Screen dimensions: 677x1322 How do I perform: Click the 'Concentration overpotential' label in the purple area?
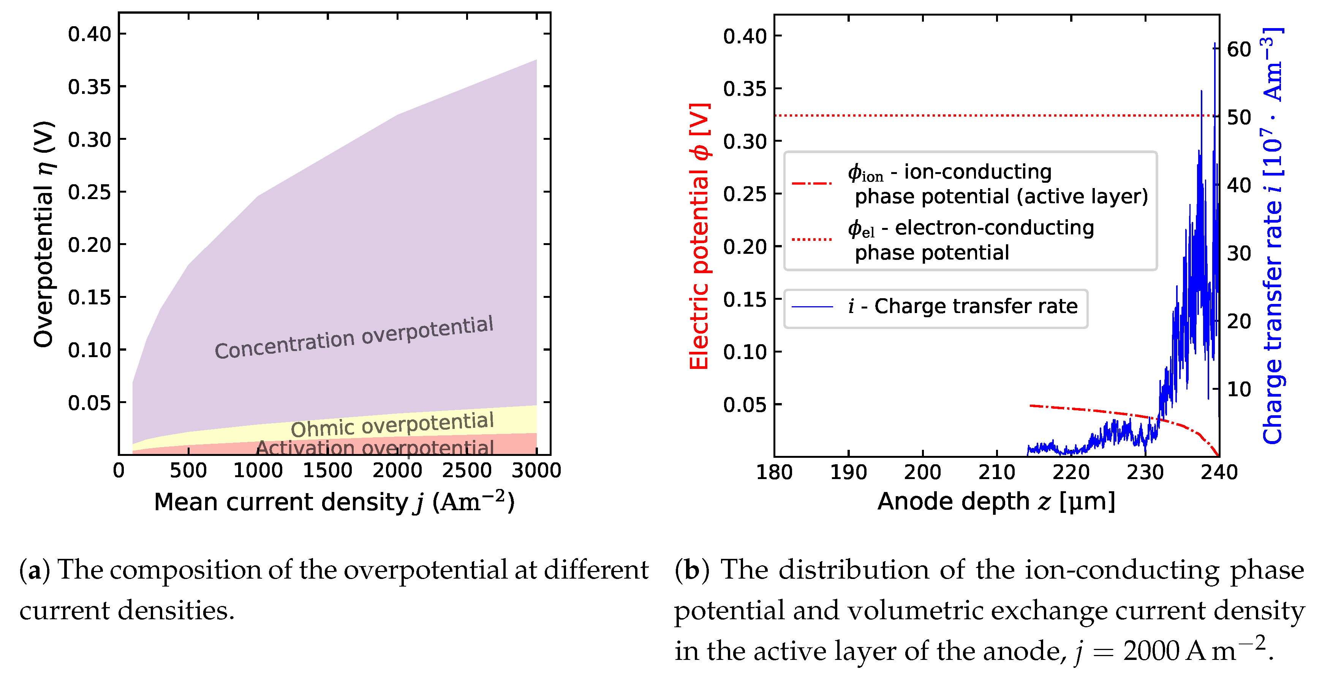pos(354,337)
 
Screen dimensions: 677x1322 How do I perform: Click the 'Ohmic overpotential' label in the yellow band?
pos(392,424)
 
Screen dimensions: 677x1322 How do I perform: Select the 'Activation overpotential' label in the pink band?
pos(375,448)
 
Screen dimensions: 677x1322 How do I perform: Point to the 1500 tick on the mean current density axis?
pos(327,470)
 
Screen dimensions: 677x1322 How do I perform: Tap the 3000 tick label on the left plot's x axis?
pos(536,470)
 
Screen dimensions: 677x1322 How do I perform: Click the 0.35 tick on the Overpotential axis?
pos(89,87)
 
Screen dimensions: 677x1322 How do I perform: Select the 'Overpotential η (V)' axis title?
pos(44,234)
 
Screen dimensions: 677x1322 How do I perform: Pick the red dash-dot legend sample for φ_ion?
pos(811,183)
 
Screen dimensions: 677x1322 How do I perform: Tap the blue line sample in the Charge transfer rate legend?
pos(811,307)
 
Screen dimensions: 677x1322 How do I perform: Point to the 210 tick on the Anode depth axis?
pos(997,472)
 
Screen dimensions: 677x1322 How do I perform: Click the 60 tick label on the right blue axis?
pos(1238,50)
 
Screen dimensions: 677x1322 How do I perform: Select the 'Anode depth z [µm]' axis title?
pos(996,501)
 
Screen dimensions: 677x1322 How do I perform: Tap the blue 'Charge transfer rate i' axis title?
pos(1273,236)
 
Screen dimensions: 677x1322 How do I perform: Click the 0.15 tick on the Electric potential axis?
pos(745,299)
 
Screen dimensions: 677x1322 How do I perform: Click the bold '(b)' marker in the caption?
pos(692,570)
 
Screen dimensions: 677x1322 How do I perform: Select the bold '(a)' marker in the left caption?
pos(35,570)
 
